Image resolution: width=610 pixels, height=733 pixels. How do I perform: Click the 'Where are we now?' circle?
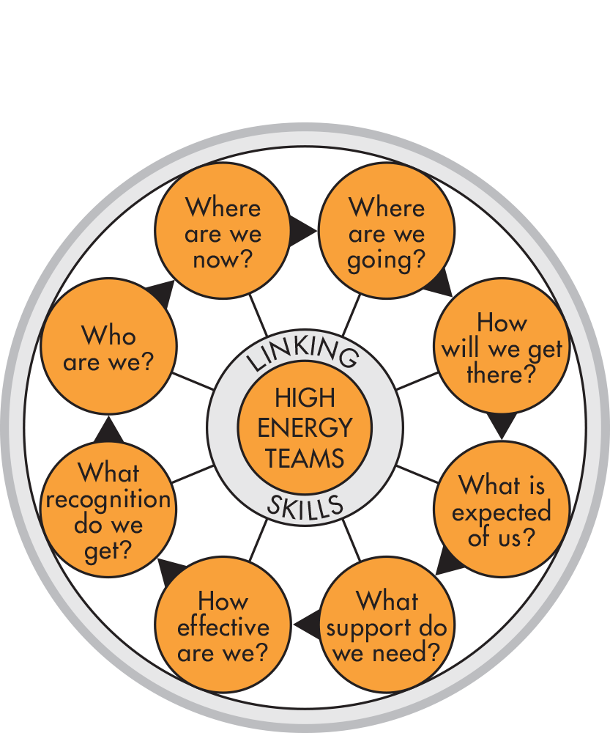coord(223,232)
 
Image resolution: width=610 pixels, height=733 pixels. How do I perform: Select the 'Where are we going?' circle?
coord(387,232)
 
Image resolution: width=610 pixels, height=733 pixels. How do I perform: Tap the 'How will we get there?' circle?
coord(502,348)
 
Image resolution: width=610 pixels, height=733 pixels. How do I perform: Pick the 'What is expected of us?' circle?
coord(502,511)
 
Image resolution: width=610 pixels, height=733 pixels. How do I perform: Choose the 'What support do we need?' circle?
coord(387,627)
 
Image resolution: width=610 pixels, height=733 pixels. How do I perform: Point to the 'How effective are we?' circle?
coord(223,627)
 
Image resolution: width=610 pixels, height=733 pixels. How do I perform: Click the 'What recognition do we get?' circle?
coord(108,511)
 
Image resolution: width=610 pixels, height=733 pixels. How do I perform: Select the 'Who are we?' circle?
coord(108,348)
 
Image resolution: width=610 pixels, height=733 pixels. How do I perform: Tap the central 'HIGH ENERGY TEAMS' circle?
coord(305,428)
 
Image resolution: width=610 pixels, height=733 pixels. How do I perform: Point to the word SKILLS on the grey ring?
coord(305,507)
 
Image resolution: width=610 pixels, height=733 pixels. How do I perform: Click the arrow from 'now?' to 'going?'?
coord(301,232)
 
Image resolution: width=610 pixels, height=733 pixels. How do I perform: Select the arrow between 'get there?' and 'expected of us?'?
coord(502,425)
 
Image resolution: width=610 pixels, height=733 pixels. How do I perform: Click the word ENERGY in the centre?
coord(305,428)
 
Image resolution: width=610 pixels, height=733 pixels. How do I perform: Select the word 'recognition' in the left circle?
coord(108,501)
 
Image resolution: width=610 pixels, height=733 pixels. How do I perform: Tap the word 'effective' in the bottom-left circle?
coord(223,627)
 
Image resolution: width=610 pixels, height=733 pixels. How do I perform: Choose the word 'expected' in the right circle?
coord(502,512)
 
